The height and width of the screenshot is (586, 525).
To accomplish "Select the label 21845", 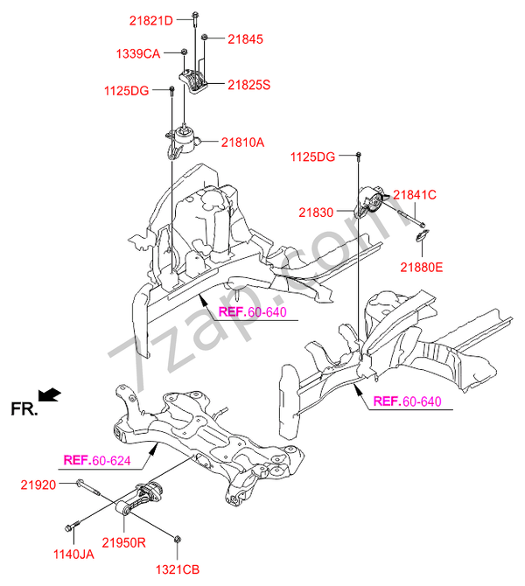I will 246,38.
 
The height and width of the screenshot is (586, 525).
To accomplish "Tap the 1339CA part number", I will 137,53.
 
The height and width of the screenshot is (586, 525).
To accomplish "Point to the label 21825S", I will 249,85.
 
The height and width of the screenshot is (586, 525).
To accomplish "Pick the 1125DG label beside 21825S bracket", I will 127,89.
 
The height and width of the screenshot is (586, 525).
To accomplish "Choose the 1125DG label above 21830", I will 314,157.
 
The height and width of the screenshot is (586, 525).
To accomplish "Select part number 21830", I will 316,212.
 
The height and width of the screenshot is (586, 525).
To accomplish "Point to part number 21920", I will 40,484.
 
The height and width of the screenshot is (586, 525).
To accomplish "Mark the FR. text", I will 24,408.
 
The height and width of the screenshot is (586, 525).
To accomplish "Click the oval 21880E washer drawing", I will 422,233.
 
